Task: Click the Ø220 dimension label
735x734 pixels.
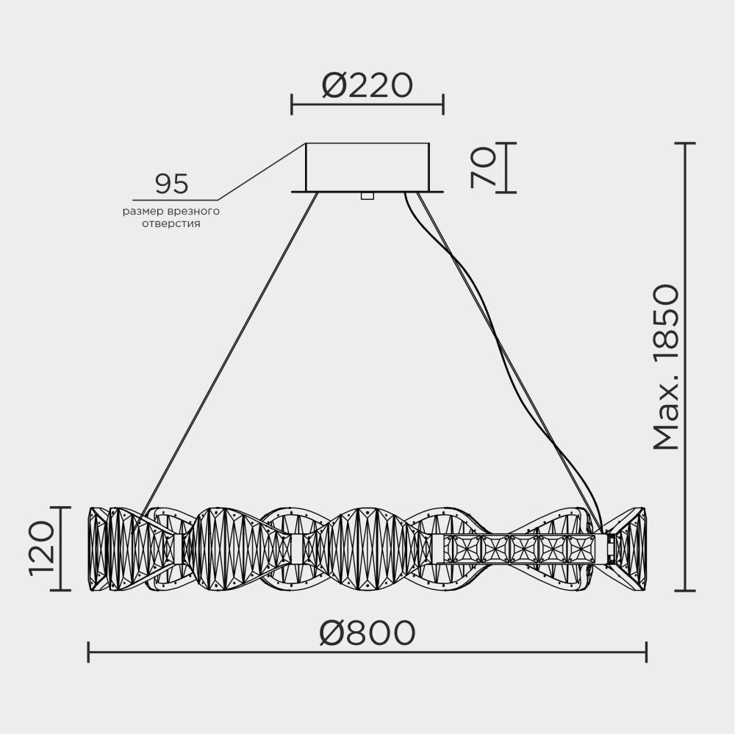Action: (x=367, y=87)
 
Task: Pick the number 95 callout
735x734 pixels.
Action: (x=171, y=183)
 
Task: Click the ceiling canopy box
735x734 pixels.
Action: (x=367, y=167)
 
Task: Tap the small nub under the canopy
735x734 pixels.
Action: (x=367, y=196)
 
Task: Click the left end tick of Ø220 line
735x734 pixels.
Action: (x=292, y=105)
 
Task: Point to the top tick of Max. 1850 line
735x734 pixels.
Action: (x=685, y=143)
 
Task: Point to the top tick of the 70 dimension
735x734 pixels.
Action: (x=506, y=143)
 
